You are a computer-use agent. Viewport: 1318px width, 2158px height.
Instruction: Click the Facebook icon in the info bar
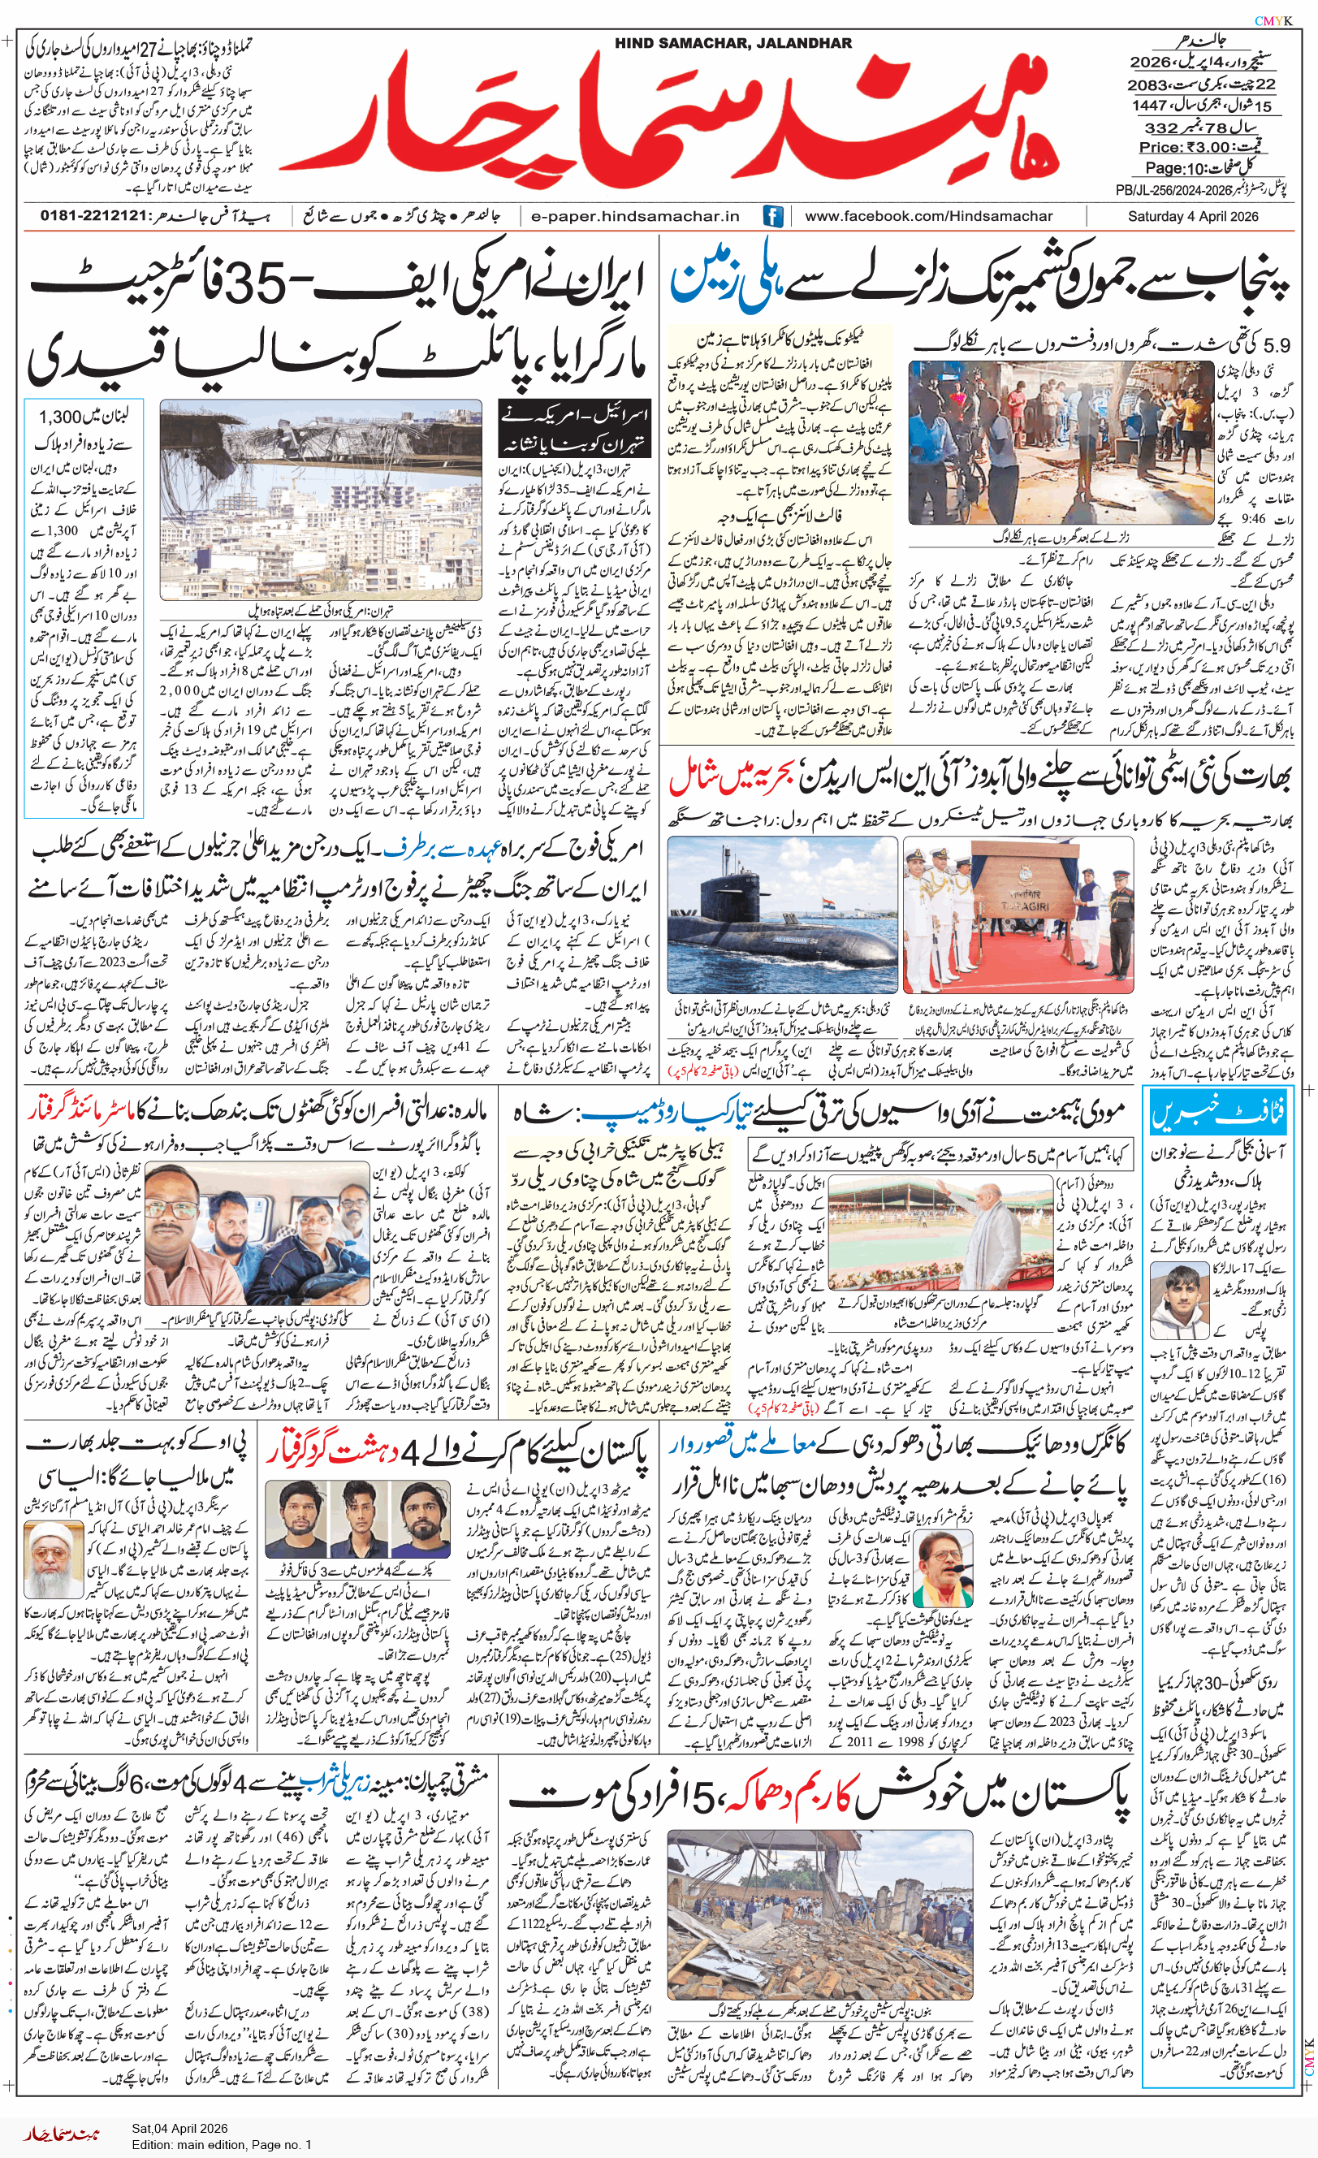coord(772,216)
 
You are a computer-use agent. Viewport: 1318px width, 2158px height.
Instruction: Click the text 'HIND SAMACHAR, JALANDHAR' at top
coord(733,43)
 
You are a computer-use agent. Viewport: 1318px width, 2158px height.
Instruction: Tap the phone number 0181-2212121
coord(93,216)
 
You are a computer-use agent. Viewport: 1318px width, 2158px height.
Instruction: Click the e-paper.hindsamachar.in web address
coord(635,216)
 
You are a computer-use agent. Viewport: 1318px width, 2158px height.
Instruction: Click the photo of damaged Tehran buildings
coord(321,499)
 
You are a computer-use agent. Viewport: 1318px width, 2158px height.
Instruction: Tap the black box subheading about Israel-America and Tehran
coord(574,429)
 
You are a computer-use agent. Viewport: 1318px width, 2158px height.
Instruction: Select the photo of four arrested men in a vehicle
coord(257,1234)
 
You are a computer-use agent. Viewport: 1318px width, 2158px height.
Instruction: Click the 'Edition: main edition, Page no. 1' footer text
coord(222,2145)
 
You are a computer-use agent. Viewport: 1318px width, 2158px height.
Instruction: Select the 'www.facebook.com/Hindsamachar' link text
coord(928,216)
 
